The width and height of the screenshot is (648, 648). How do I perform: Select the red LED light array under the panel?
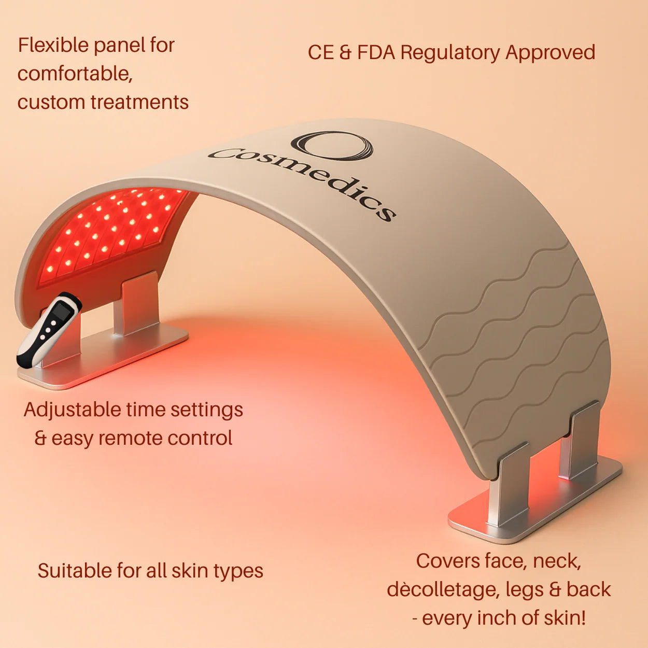[x=114, y=228]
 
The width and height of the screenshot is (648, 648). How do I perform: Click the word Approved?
[x=550, y=53]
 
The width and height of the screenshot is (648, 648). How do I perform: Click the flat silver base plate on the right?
[x=534, y=505]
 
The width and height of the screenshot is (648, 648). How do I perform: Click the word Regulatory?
[x=451, y=53]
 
